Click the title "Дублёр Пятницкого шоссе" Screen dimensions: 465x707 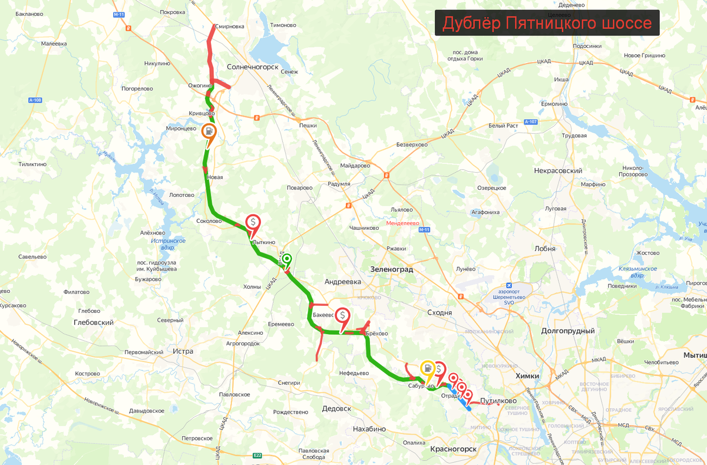547,23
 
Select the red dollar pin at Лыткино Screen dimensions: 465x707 253,223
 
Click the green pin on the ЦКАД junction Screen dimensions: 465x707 287,259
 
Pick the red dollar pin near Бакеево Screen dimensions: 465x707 342,315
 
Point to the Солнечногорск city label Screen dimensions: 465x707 253,67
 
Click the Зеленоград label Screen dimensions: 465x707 391,269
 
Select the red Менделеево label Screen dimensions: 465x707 402,223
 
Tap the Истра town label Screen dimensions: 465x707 183,351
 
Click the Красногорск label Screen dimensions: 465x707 453,449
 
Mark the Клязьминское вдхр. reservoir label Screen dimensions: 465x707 639,272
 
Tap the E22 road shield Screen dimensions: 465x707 257,456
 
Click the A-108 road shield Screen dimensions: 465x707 35,100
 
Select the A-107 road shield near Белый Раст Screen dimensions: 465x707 530,122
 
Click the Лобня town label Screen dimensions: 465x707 545,249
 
